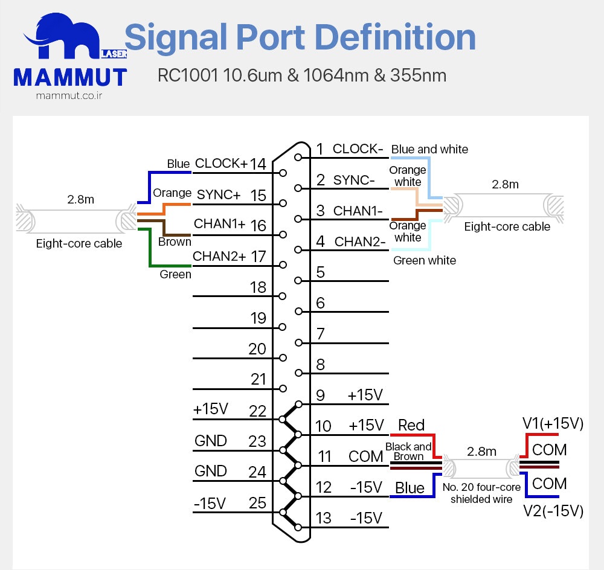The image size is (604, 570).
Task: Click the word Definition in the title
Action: (x=396, y=37)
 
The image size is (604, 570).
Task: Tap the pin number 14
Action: (x=258, y=164)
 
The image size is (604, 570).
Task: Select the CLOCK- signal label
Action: (x=358, y=149)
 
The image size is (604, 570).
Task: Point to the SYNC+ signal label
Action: (x=219, y=194)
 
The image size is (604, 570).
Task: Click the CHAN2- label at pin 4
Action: (x=360, y=242)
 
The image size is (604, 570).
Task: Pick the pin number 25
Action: (x=257, y=502)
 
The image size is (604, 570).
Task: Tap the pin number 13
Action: (x=324, y=518)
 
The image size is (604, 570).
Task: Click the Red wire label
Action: (x=411, y=425)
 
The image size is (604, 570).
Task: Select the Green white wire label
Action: (x=425, y=260)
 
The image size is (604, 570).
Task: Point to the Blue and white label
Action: (x=429, y=149)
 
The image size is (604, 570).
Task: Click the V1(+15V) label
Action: (x=553, y=424)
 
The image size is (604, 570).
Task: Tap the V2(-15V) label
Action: (x=553, y=511)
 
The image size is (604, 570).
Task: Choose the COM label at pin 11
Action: (x=366, y=456)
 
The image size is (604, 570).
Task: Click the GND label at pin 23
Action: (x=211, y=441)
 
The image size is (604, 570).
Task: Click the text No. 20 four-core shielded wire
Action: (x=481, y=493)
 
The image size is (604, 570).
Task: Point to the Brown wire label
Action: (x=175, y=242)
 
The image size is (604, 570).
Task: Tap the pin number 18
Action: (x=258, y=287)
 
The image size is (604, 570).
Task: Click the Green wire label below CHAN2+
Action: (x=175, y=274)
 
